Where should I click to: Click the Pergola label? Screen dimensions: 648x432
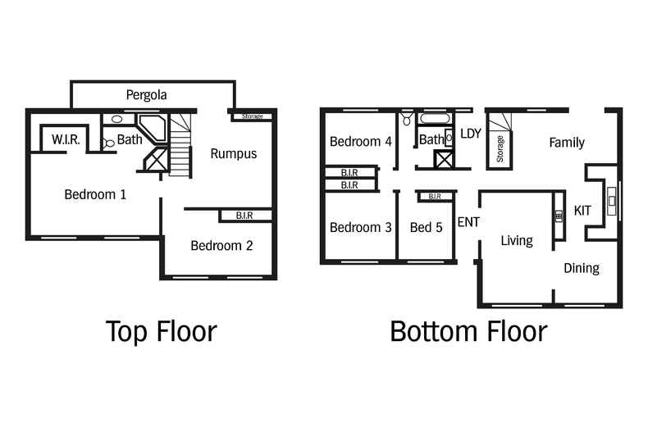coord(146,95)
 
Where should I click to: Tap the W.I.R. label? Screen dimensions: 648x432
coord(66,139)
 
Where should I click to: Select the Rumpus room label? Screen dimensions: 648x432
coord(234,153)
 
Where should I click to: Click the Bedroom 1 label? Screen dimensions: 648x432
coord(95,194)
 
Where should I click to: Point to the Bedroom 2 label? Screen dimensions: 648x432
coord(221,245)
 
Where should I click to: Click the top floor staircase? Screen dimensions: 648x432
coord(180,145)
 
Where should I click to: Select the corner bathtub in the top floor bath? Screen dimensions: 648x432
coord(152,128)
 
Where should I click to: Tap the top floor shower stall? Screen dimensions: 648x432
coord(156,158)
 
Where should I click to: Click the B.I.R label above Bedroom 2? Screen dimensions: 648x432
coord(244,215)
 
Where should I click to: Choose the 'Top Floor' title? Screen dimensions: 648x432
coord(161,331)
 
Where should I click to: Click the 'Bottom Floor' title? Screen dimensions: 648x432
coord(468,331)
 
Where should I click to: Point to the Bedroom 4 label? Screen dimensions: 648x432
coord(360,142)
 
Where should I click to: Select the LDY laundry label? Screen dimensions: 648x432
coord(471,134)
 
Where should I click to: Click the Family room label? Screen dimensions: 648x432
coord(567,143)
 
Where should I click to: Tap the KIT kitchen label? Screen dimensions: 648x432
coord(582,211)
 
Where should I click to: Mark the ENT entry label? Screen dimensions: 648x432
coord(468,222)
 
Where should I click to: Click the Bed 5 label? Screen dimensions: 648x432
coord(426,227)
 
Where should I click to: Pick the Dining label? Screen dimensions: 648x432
coord(582,268)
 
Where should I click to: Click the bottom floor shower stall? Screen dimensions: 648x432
coord(443,159)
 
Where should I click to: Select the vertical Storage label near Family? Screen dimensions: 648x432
coord(500,148)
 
